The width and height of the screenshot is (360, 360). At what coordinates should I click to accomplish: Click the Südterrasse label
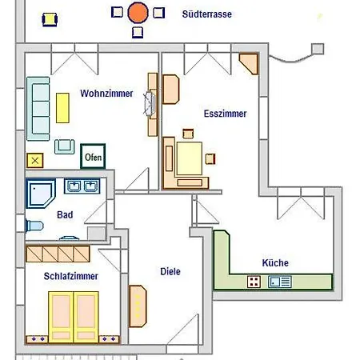point(207,14)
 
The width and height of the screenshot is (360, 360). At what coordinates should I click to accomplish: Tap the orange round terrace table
point(138,13)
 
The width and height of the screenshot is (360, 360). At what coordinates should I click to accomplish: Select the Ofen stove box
point(93,157)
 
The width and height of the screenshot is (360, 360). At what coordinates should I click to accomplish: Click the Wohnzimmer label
point(106,94)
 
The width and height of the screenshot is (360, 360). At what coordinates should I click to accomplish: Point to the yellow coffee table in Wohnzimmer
point(62,108)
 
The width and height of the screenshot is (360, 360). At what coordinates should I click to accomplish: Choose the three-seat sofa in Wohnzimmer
point(38,109)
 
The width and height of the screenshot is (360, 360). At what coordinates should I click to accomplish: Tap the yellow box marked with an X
point(35,161)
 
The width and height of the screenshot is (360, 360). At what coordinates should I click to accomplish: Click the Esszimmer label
point(225,114)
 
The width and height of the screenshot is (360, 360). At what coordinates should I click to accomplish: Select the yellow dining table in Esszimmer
point(189,158)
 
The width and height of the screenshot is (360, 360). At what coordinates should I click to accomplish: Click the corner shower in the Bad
point(40,194)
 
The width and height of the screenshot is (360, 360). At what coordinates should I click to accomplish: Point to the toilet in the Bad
point(34,226)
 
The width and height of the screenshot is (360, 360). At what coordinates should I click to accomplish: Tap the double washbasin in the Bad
point(82,186)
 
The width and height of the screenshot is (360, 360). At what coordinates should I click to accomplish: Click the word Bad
point(65,214)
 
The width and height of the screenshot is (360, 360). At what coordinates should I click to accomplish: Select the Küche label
point(275,263)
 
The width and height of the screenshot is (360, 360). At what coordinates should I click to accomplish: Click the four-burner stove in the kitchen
point(254,282)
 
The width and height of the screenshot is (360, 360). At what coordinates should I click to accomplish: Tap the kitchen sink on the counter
point(280,282)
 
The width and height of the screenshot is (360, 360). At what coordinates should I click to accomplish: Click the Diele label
point(170,271)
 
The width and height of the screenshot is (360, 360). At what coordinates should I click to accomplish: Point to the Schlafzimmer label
point(71,276)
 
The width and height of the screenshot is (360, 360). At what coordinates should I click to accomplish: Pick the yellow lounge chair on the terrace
point(50,19)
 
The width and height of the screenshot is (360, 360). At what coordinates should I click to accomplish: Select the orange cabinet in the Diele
point(138,306)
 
